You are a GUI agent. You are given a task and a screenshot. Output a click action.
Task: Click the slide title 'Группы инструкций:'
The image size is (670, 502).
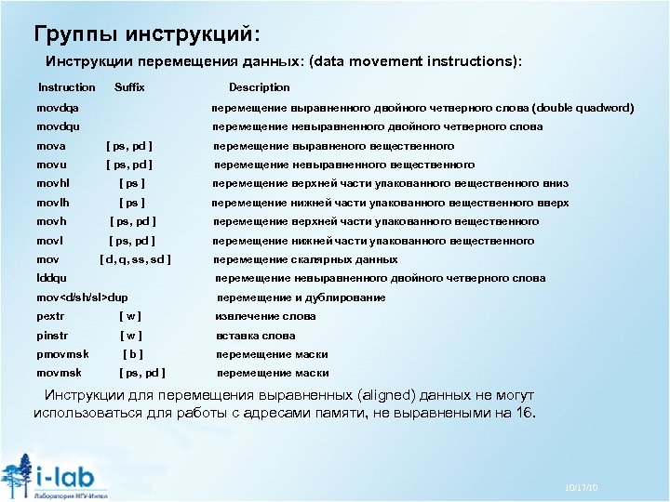pos(147,34)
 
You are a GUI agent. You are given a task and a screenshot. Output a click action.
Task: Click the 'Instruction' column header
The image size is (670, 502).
pos(66,87)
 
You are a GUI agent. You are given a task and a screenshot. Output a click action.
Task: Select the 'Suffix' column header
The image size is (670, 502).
pos(129,87)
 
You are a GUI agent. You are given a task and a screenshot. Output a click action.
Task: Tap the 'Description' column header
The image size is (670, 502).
pos(260,87)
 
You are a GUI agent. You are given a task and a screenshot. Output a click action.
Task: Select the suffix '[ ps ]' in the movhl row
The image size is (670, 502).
pos(132,183)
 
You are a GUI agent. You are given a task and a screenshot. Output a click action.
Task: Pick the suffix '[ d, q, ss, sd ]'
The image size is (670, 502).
pos(137,259)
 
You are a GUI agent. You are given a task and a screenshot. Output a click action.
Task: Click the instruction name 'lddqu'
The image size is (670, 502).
pos(51,278)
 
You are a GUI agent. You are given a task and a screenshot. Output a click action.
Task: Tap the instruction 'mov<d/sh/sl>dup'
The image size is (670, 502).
pos(82,297)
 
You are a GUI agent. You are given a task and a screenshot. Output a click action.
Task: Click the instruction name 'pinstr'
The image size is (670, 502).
pos(52,336)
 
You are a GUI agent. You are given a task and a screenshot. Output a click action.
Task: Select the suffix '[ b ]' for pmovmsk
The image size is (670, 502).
pos(133,354)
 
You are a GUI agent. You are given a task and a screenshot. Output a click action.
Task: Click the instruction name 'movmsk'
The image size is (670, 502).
pos(56,373)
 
